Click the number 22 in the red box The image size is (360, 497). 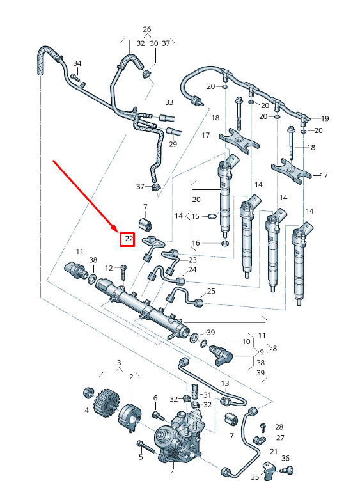click(129, 239)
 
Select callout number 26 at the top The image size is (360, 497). click(146, 29)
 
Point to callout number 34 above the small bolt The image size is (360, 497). click(77, 63)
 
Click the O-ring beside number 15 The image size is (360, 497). click(212, 216)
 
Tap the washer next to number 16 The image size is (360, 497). click(224, 243)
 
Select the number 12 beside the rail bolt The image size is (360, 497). click(109, 268)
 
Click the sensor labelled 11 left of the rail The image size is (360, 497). click(76, 269)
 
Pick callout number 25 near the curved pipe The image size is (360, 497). click(211, 291)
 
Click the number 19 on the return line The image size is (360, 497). click(325, 118)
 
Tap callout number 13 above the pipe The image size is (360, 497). click(224, 384)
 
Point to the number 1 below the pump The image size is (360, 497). click(173, 474)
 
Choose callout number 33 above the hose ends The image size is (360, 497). click(169, 102)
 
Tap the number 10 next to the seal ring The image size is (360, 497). click(246, 342)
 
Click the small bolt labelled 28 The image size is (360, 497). click(263, 427)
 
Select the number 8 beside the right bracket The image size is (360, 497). click(275, 349)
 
